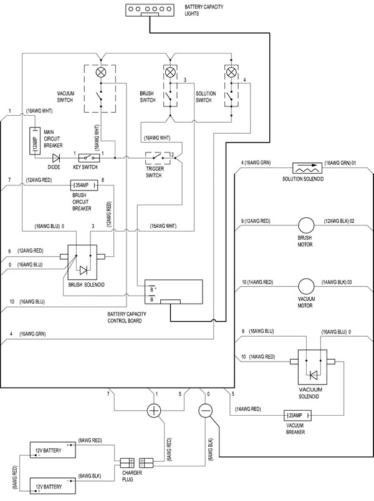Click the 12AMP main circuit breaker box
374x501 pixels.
[x=35, y=141]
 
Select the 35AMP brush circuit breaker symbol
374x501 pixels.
[x=84, y=185]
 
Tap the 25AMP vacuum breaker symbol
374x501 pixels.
[x=297, y=415]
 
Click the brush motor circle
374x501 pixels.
[x=306, y=225]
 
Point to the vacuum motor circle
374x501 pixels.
[x=306, y=286]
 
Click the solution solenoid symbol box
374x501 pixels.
[x=307, y=168]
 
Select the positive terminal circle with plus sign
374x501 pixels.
[x=154, y=410]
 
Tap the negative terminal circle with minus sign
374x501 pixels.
[x=205, y=411]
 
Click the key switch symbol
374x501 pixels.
[x=89, y=157]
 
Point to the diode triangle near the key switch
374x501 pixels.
[x=56, y=157]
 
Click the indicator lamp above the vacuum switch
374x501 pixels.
[x=101, y=73]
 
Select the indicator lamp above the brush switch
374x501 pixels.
[x=170, y=73]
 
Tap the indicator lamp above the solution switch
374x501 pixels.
[x=231, y=72]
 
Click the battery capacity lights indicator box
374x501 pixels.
[x=150, y=10]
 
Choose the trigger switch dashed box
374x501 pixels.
[x=158, y=158]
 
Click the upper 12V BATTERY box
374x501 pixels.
[x=53, y=450]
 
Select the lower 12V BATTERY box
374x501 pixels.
[x=53, y=486]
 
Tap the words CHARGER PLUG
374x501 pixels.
[x=132, y=476]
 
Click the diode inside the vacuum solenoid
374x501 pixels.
[x=313, y=375]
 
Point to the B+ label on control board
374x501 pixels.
[x=153, y=289]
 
